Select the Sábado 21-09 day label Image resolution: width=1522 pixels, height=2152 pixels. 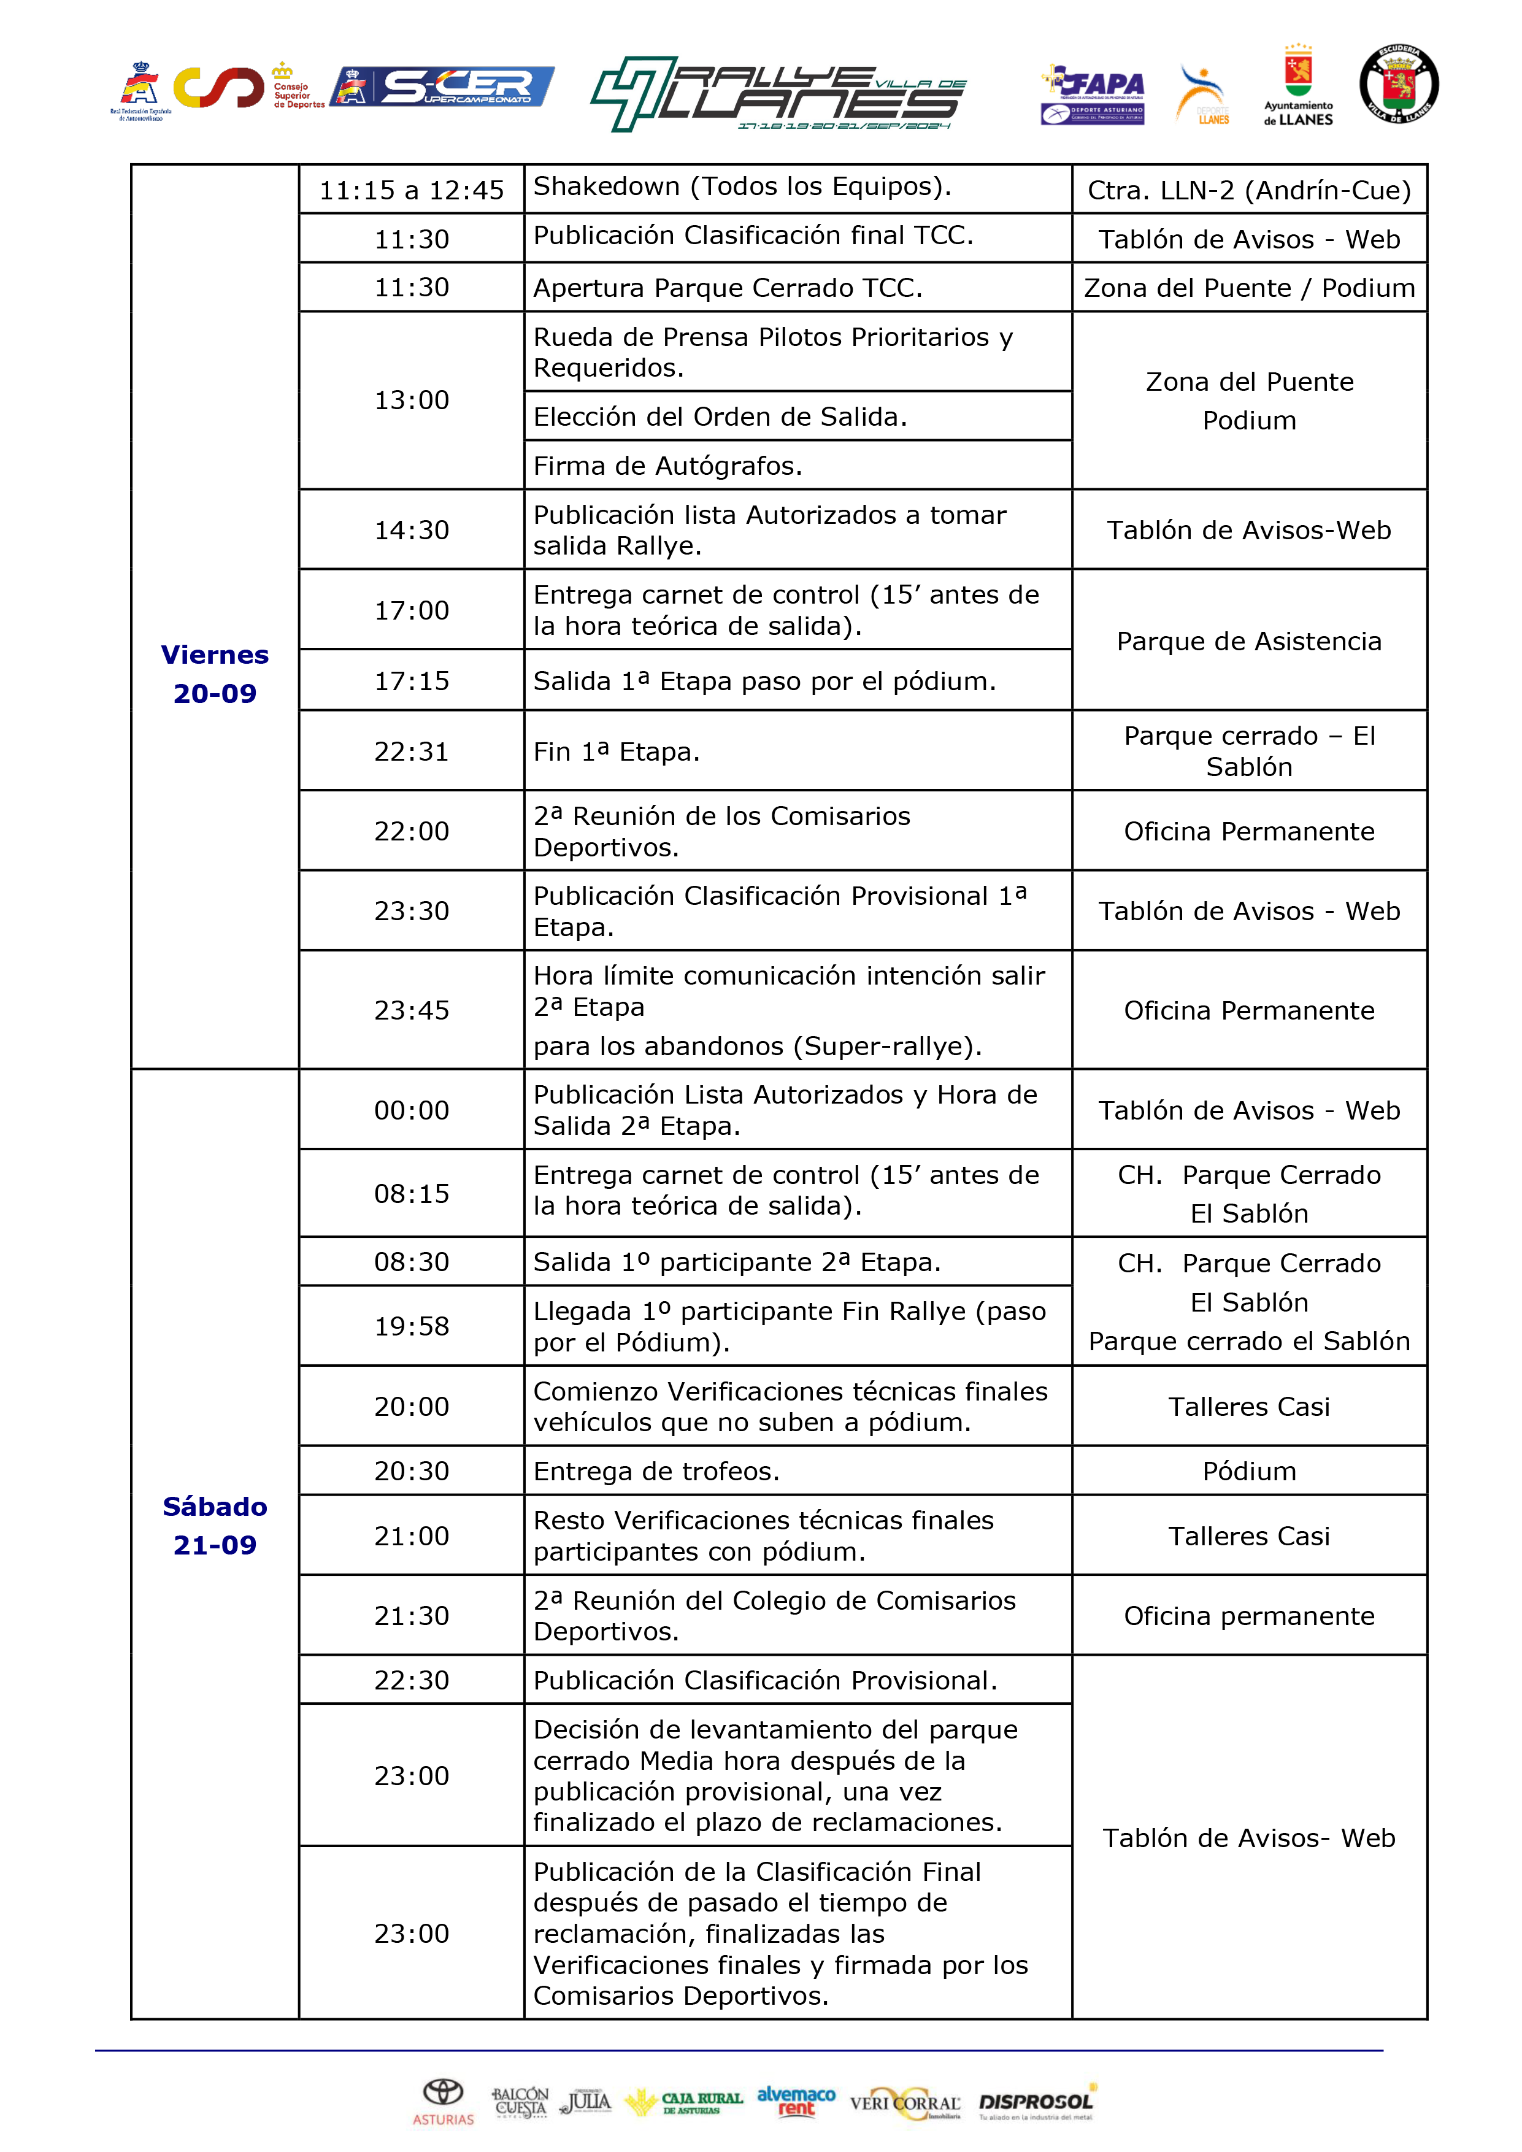[x=215, y=1525]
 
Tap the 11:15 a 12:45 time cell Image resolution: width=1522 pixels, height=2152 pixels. [x=412, y=190]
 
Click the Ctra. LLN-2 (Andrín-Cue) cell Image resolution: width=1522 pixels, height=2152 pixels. [x=1248, y=190]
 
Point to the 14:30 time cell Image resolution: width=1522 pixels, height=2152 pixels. [x=412, y=529]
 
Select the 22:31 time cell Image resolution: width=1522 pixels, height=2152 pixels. [x=412, y=751]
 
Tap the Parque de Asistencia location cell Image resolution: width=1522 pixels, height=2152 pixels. [x=1248, y=641]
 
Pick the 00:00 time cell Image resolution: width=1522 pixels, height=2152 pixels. [x=412, y=1110]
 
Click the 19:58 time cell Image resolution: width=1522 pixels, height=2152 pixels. [x=412, y=1325]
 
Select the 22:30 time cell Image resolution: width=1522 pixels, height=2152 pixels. [x=412, y=1680]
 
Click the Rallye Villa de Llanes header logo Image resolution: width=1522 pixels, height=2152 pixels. [x=778, y=94]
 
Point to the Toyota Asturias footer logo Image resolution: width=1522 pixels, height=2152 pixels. [x=444, y=2101]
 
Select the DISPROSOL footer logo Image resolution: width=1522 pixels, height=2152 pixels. [x=1037, y=2101]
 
